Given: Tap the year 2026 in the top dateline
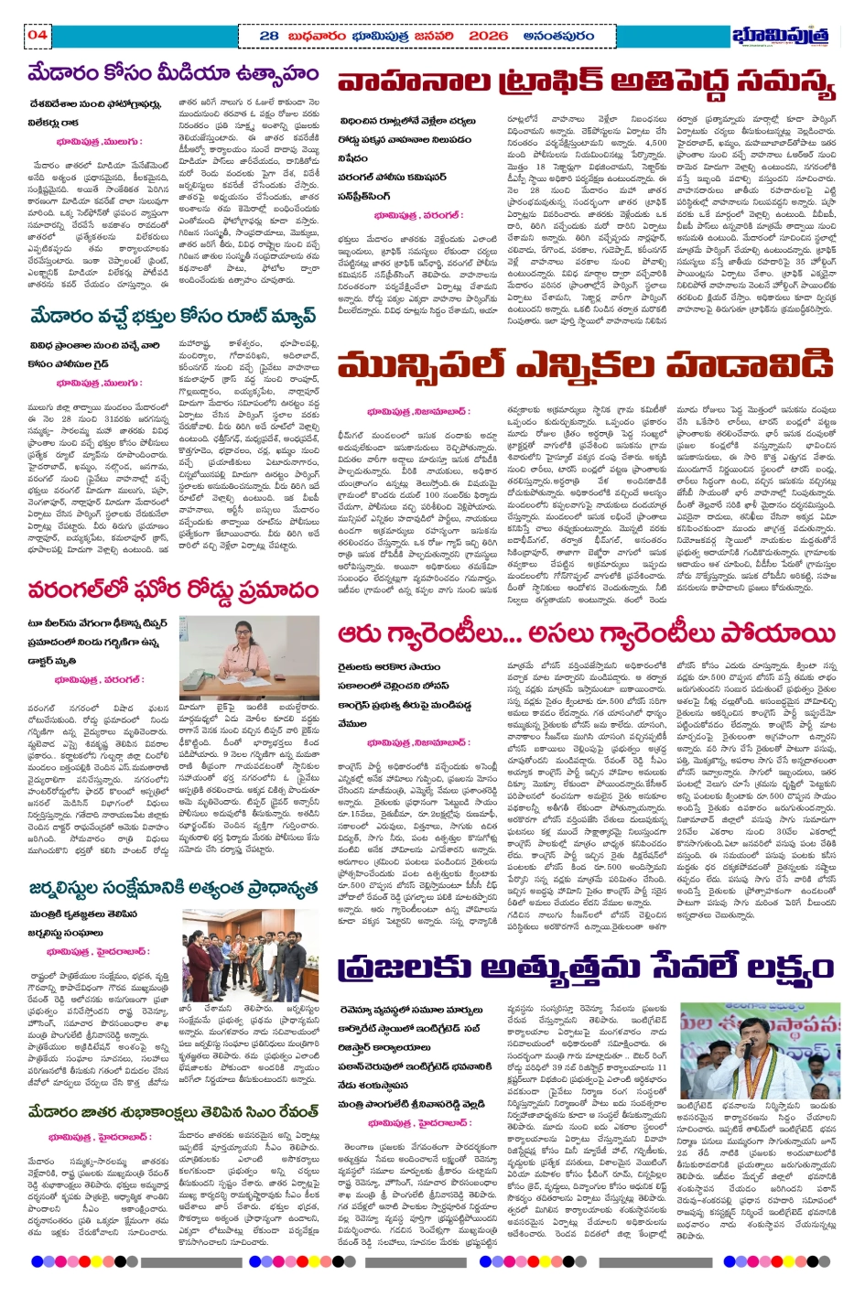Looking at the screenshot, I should coord(488,36).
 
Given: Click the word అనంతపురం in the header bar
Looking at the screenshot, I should coord(558,36).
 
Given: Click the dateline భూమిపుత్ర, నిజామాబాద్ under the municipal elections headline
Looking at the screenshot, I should coord(417,411).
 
